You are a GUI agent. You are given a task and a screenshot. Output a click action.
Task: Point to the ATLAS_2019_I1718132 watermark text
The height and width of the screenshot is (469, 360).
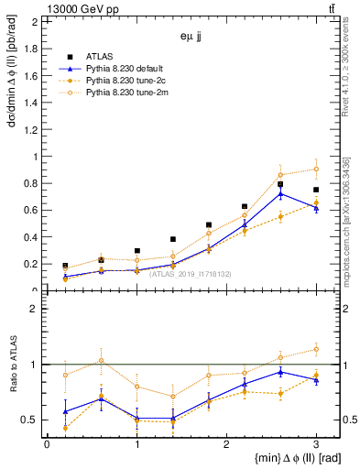[191, 274]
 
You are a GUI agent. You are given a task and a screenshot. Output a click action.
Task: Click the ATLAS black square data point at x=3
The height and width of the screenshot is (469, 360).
[316, 190]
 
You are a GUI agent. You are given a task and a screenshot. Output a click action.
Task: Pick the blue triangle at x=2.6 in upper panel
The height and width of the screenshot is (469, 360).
[280, 193]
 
